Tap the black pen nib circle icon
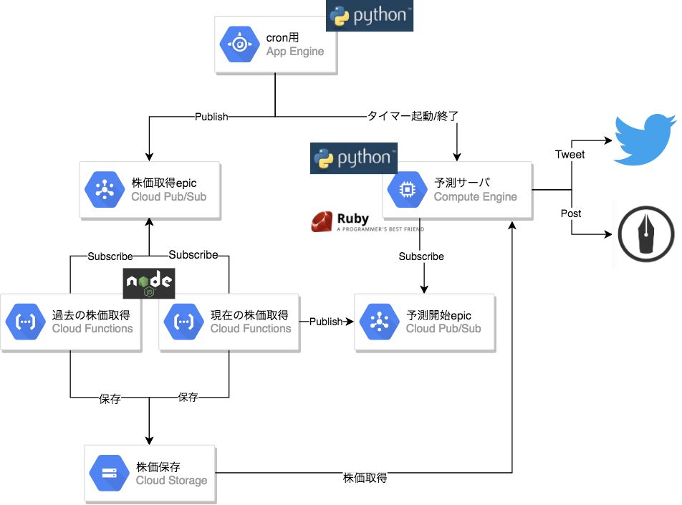[646, 234]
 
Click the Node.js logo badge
[149, 283]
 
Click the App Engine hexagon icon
[240, 44]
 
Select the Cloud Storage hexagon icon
[110, 473]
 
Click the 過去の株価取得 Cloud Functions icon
[26, 322]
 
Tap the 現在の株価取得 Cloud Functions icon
[184, 322]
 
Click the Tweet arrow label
[570, 154]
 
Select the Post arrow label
[571, 213]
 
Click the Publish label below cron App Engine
[211, 116]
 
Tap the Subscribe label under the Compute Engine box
[421, 256]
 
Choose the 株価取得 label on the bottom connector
[365, 478]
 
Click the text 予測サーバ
[462, 182]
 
